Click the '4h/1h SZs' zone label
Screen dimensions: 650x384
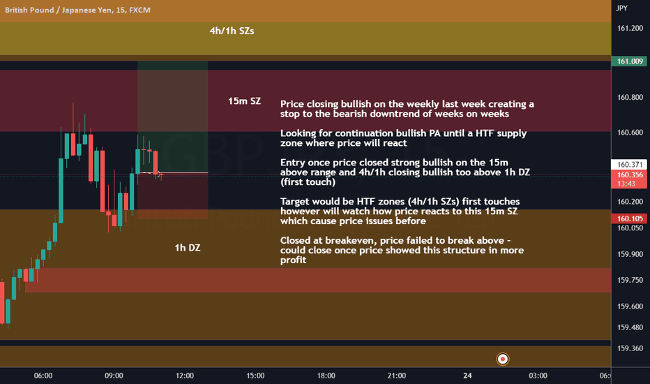click(232, 31)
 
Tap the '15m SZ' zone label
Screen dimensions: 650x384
click(244, 101)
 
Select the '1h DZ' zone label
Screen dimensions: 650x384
click(188, 248)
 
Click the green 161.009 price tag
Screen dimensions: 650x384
click(629, 61)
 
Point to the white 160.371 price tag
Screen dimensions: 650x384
click(629, 164)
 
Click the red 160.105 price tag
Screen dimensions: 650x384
click(629, 219)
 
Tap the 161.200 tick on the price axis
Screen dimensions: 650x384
click(630, 28)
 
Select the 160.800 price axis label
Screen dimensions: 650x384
click(630, 98)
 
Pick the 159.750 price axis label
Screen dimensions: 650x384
click(630, 280)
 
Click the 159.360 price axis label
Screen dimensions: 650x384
click(630, 348)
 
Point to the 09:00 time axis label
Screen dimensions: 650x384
click(114, 376)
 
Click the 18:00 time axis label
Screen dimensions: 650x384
click(326, 376)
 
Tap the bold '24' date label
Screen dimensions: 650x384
click(467, 376)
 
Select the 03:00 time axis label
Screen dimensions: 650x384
click(538, 376)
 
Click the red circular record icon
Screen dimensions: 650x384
click(502, 359)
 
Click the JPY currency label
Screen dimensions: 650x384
click(621, 8)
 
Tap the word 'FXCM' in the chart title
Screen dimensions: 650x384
click(139, 10)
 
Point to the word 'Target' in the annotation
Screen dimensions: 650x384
click(295, 202)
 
